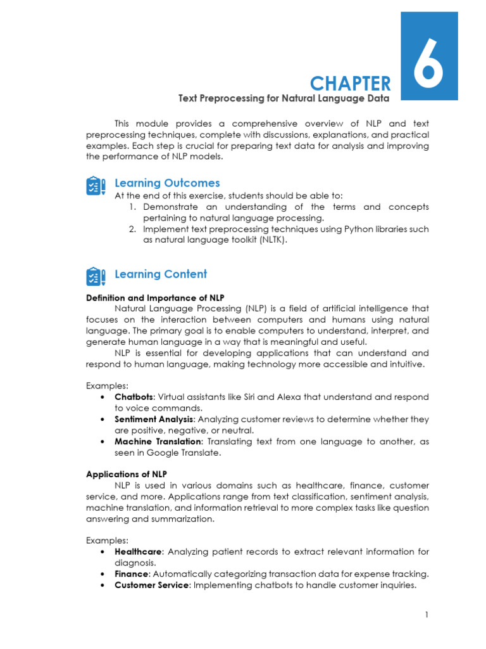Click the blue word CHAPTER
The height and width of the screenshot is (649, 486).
click(350, 83)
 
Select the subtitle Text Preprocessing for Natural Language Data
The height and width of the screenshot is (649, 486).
click(283, 98)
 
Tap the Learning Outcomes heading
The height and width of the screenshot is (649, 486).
click(167, 183)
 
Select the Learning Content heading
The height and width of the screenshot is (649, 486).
click(161, 274)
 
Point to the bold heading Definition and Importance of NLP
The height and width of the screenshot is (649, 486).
click(155, 298)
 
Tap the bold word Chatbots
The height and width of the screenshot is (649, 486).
click(134, 397)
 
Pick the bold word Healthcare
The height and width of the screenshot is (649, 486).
click(139, 551)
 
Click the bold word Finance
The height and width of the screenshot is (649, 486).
click(131, 574)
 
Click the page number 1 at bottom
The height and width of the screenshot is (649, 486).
click(427, 615)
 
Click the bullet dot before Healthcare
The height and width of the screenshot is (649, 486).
click(103, 551)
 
